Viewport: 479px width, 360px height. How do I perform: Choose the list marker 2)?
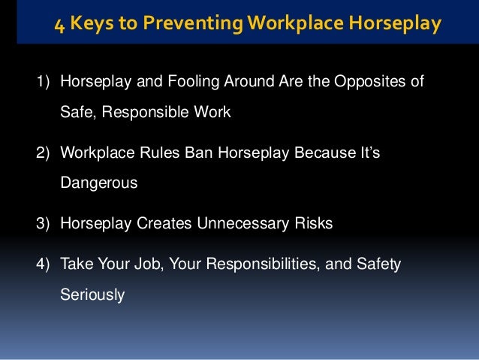click(x=43, y=152)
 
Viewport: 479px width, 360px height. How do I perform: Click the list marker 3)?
click(x=43, y=223)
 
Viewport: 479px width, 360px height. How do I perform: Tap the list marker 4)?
click(x=43, y=264)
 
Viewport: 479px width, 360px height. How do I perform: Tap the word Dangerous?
click(x=98, y=183)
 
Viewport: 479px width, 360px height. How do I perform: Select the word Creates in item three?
click(x=152, y=223)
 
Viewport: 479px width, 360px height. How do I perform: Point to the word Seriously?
click(x=92, y=295)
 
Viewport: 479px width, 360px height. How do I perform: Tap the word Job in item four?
click(x=131, y=264)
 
